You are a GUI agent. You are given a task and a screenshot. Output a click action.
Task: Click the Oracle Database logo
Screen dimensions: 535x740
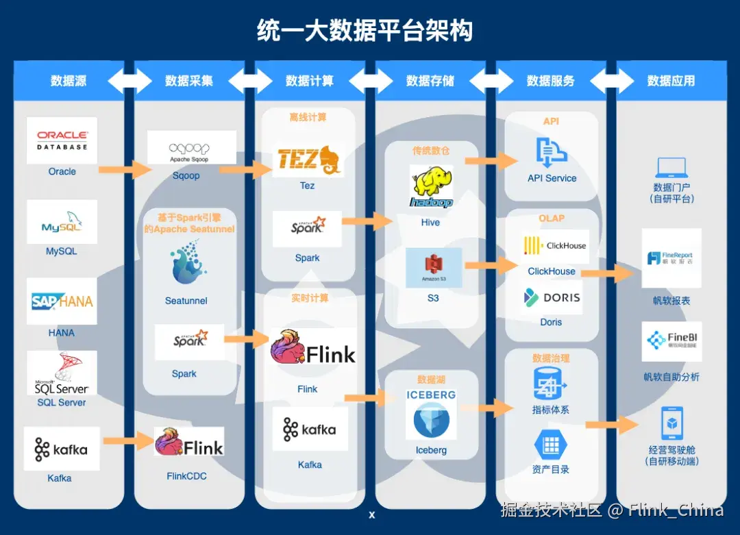pos(62,140)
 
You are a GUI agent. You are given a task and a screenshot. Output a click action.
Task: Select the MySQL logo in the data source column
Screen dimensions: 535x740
pos(62,223)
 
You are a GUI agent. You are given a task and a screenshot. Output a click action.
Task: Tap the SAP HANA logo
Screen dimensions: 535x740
pos(62,301)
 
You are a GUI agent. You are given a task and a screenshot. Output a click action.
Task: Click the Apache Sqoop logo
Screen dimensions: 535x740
pos(191,147)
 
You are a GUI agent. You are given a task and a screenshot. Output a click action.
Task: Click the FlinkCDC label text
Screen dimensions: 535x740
pos(186,476)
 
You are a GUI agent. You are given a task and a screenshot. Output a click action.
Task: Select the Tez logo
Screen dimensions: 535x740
pos(308,160)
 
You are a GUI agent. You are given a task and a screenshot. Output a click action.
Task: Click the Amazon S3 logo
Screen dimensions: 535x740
pos(433,268)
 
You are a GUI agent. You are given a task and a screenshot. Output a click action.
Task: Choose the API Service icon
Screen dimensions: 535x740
pos(551,153)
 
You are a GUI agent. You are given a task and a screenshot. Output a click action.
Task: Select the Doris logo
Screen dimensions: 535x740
pos(552,298)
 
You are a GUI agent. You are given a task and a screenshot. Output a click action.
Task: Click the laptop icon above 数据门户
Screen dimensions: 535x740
pos(671,168)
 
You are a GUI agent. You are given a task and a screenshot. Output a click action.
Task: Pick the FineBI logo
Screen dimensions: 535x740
pos(671,341)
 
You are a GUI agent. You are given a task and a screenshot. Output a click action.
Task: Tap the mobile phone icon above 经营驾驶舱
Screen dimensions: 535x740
pos(671,423)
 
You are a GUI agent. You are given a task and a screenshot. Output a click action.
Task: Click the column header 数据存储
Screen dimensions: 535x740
pos(430,81)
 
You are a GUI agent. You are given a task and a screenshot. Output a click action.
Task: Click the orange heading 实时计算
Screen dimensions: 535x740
pos(310,299)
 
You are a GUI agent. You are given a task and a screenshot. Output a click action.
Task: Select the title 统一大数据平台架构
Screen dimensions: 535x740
pos(365,31)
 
